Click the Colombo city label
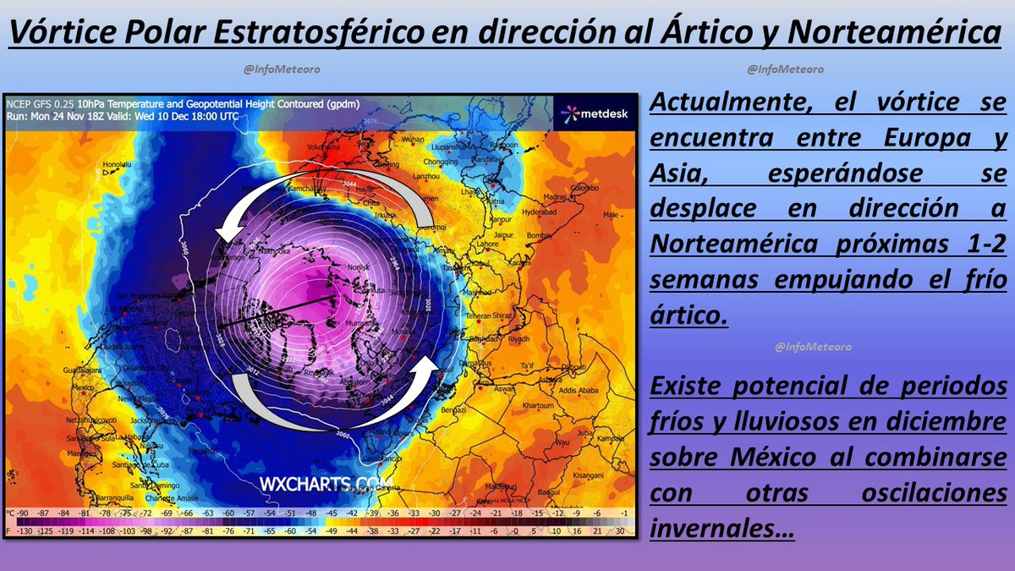pyautogui.click(x=581, y=187)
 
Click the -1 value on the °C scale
pyautogui.click(x=623, y=513)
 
